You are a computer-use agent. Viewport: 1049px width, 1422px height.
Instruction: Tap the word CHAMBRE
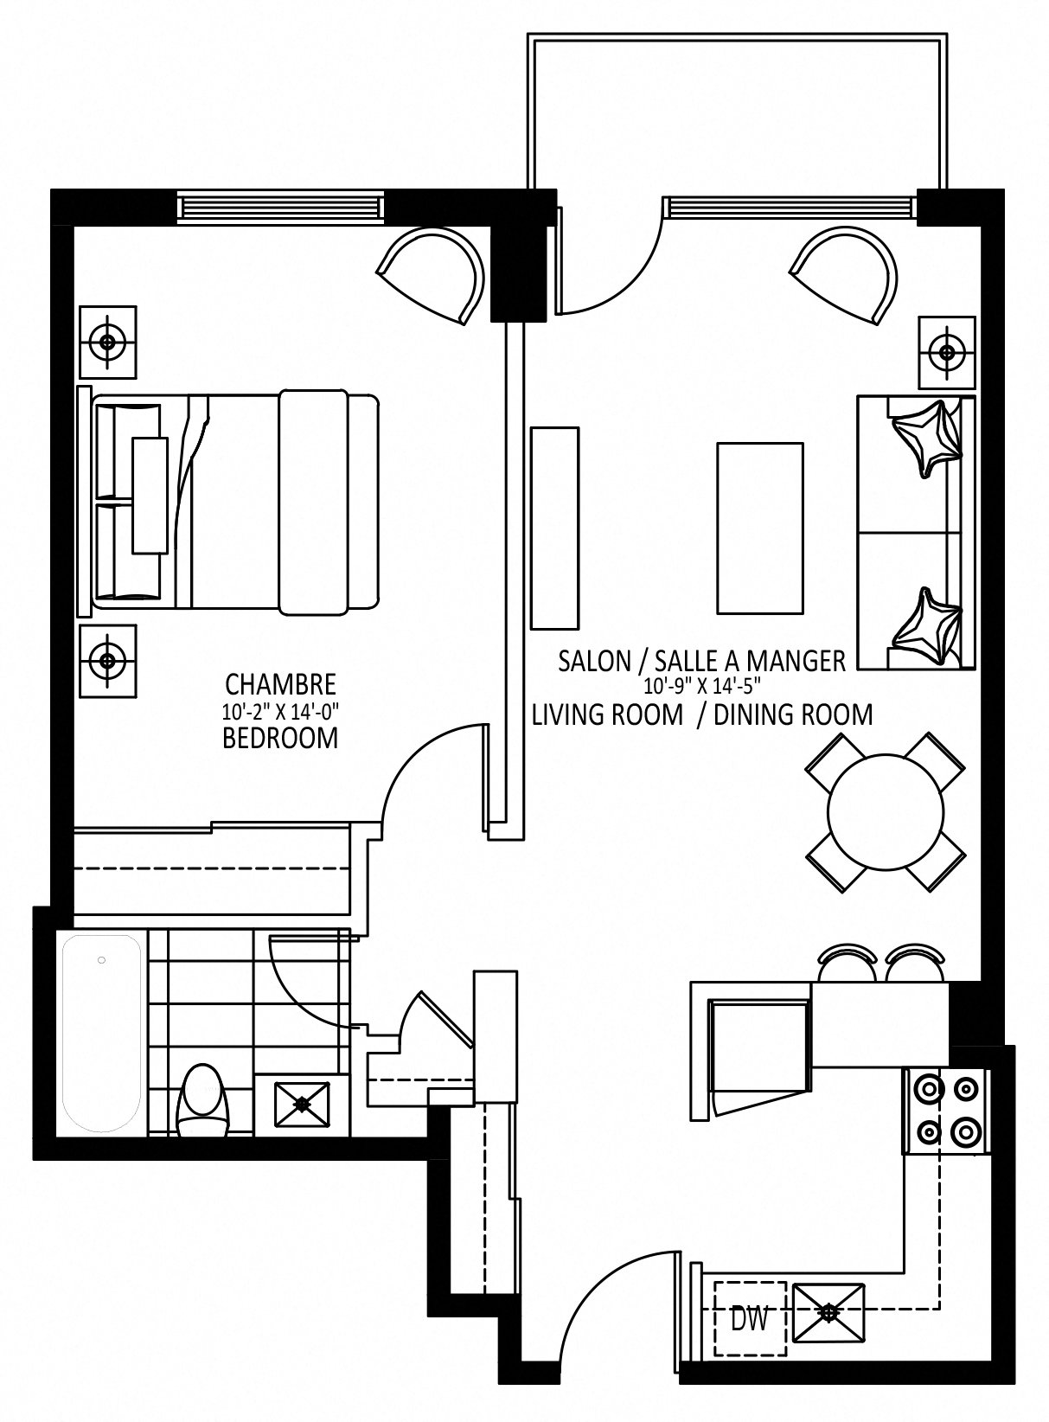point(280,685)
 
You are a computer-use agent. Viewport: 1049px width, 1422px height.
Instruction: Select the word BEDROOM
point(280,739)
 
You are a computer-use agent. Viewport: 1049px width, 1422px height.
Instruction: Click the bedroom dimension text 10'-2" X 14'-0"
point(280,711)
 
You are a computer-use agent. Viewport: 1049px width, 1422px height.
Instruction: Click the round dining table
point(886,811)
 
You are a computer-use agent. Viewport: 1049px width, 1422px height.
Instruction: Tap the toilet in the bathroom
point(202,1101)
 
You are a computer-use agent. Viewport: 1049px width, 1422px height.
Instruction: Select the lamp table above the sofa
point(946,352)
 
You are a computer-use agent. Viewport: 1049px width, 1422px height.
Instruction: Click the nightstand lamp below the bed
point(108,661)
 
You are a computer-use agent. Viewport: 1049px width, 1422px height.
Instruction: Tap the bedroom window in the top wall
point(281,208)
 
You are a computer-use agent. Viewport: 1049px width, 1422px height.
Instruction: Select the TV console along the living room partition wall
point(554,528)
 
